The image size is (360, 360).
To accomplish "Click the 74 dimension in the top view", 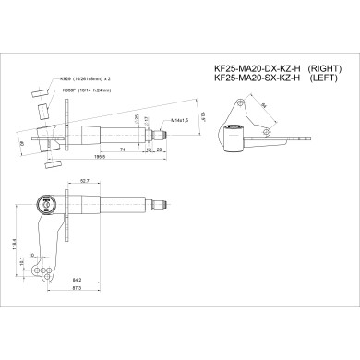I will [x=123, y=148].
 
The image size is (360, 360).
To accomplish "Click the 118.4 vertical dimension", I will [x=16, y=245].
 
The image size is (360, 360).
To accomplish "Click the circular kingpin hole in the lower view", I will [x=40, y=205].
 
